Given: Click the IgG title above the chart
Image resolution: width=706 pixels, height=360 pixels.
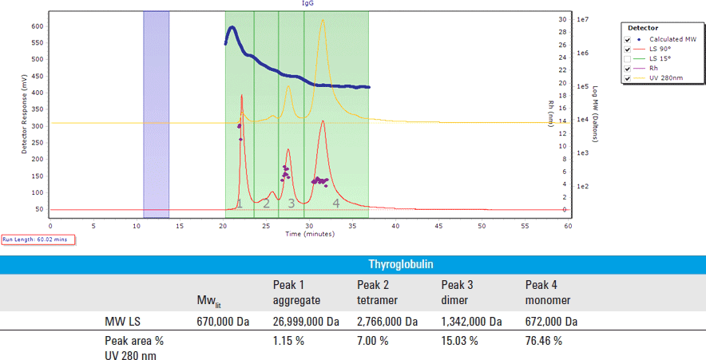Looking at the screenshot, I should click(x=307, y=3).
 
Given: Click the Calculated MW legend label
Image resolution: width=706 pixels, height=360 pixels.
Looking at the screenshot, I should click(x=673, y=39).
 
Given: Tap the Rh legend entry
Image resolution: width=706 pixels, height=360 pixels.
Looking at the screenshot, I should click(x=653, y=69).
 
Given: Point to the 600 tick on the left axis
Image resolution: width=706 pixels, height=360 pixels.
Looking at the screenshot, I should click(x=38, y=26).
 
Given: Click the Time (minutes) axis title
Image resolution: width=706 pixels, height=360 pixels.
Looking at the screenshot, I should click(x=308, y=234).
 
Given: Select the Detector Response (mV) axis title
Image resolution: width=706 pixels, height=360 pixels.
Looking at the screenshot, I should click(x=23, y=112).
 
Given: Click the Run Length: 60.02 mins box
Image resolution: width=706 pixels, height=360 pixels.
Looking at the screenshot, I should click(x=38, y=239).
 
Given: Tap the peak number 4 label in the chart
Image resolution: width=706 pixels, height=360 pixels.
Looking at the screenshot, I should click(x=336, y=204).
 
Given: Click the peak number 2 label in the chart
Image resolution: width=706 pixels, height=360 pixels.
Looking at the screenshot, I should click(x=266, y=204).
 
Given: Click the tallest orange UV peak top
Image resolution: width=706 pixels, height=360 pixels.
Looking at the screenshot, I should click(x=322, y=21).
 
